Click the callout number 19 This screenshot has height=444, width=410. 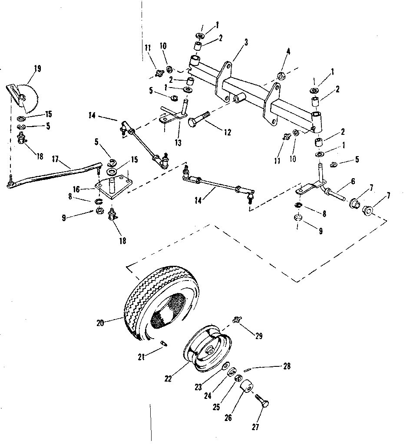37,69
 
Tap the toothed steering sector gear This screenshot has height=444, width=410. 27,96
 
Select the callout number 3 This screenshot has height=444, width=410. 246,42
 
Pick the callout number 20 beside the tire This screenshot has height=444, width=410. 100,322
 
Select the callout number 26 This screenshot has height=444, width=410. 228,418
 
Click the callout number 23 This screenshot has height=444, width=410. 198,388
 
